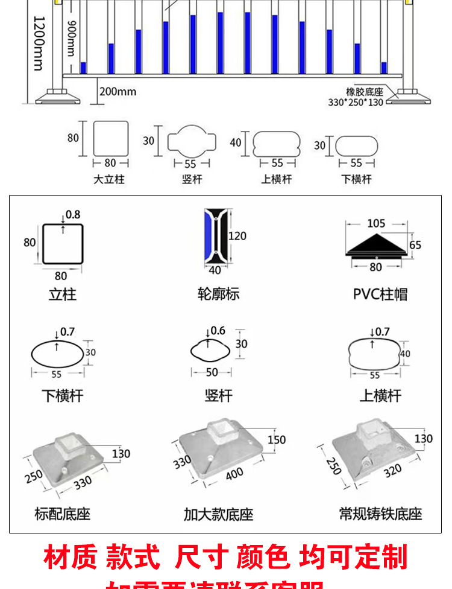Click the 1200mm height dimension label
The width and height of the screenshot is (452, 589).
pos(37,42)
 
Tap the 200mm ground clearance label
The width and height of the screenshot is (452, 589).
pos(118,92)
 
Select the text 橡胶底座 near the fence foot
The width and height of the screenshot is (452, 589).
pos(365,92)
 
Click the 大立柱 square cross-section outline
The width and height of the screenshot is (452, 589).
pos(111,138)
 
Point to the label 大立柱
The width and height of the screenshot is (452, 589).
pos(110,179)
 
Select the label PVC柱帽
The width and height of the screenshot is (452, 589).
pos(380,294)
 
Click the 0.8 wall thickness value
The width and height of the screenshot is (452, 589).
pos(73,214)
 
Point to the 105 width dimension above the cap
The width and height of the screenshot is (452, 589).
pos(376,223)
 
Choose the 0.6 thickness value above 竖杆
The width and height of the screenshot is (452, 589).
pos(218,331)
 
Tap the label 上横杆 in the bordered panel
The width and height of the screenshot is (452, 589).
pos(380,396)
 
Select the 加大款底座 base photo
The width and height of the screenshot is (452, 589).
pos(220,450)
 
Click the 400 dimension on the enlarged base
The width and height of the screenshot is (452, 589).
pos(234,474)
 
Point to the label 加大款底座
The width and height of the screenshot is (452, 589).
pos(218,515)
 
